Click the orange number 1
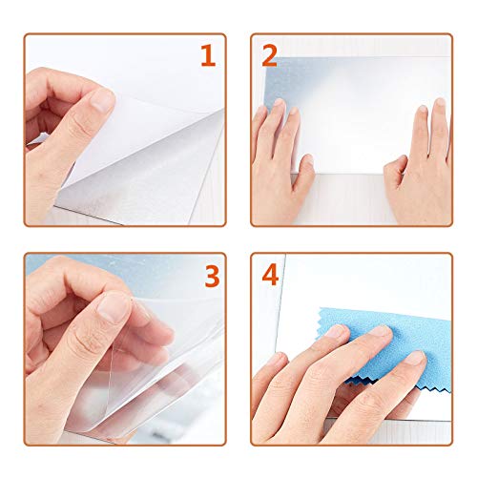208,55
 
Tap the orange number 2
269,55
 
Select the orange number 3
212,277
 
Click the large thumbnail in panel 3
112,306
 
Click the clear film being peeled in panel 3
143,360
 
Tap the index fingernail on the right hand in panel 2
423,109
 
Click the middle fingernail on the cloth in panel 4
383,331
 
